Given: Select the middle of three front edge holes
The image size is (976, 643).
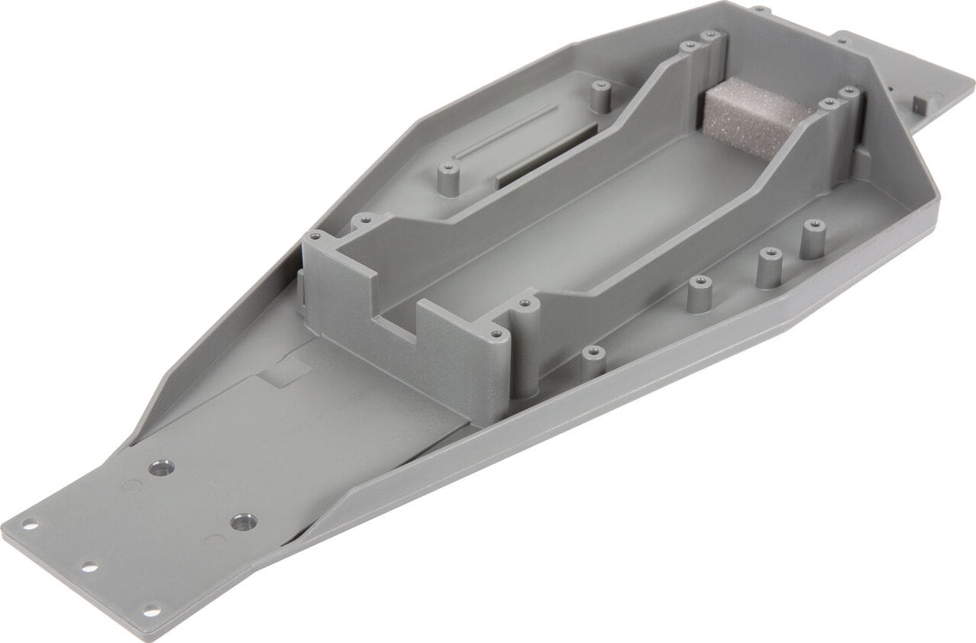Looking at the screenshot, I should pyautogui.click(x=88, y=567).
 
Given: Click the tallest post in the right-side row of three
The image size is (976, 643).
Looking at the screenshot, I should pyautogui.click(x=810, y=237).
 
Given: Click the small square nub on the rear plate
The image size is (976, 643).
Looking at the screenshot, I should pyautogui.click(x=923, y=102).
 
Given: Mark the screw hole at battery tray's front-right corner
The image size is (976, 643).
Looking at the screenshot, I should pyautogui.click(x=496, y=334).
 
